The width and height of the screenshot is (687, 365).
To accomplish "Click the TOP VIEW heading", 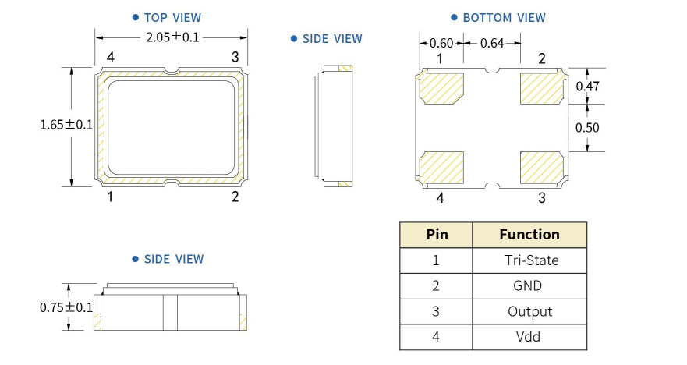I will pyautogui.click(x=172, y=17).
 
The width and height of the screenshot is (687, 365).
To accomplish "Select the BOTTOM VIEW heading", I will pyautogui.click(x=504, y=17).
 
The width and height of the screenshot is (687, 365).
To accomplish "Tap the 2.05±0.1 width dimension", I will pyautogui.click(x=172, y=37).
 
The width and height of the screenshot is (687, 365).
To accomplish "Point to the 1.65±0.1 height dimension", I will pyautogui.click(x=66, y=125).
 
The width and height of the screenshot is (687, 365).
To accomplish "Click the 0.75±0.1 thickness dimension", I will pyautogui.click(x=66, y=307).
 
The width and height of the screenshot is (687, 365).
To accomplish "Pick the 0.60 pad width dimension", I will pyautogui.click(x=441, y=43).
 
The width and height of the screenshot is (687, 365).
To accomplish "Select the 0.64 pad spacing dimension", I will pyautogui.click(x=491, y=43).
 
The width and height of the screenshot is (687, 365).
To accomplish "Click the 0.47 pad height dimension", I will pyautogui.click(x=588, y=87).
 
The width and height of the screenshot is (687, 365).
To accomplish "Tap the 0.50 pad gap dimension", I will pyautogui.click(x=588, y=127).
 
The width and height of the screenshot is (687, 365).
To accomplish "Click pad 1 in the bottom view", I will pyautogui.click(x=442, y=87).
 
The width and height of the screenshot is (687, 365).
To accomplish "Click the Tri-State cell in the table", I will pyautogui.click(x=529, y=260).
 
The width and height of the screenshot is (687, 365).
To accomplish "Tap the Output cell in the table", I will pyautogui.click(x=529, y=311).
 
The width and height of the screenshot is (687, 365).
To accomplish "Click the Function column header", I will pyautogui.click(x=529, y=234).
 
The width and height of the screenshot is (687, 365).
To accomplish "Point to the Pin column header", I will pyautogui.click(x=436, y=234).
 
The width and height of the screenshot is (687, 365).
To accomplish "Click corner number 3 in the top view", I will pyautogui.click(x=235, y=57).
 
